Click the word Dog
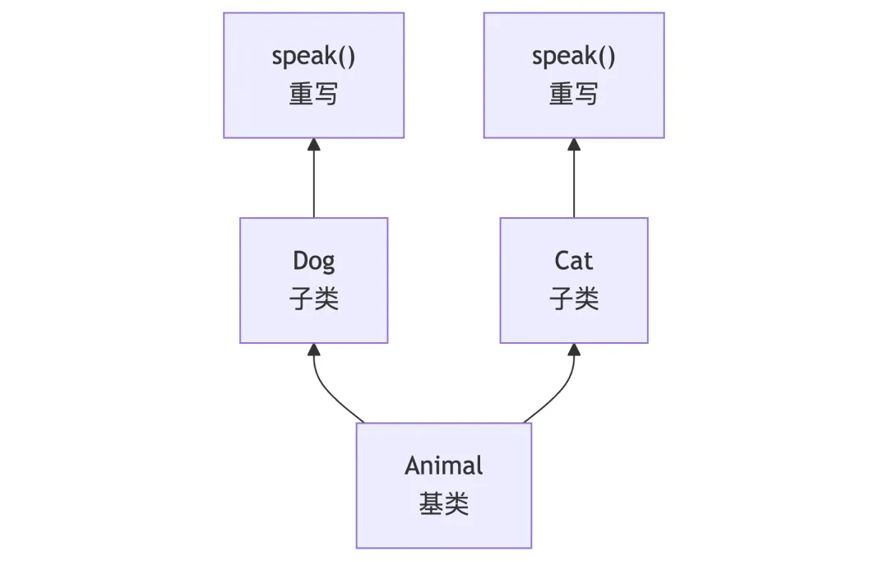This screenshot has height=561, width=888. [x=314, y=262]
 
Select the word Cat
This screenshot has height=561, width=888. [x=574, y=262]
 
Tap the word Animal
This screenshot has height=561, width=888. [x=444, y=466]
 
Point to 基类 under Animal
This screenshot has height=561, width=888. [x=444, y=503]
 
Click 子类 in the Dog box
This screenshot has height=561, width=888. [x=314, y=299]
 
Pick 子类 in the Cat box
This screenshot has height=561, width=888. [x=574, y=299]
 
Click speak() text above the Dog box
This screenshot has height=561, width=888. [x=314, y=57]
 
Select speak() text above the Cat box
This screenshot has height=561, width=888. [x=574, y=57]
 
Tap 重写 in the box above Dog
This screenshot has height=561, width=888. [x=314, y=94]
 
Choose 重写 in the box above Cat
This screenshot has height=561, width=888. [x=574, y=94]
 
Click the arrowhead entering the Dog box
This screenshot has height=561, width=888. [x=314, y=350]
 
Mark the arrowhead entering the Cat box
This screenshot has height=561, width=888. [x=574, y=350]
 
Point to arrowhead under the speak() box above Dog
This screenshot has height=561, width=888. [x=314, y=145]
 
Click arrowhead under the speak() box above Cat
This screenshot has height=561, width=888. [x=574, y=145]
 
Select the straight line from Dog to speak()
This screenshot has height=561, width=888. [x=314, y=185]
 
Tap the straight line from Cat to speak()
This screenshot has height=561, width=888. [x=574, y=185]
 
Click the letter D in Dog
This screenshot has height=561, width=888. [x=300, y=262]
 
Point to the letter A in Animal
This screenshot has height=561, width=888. [x=412, y=466]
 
